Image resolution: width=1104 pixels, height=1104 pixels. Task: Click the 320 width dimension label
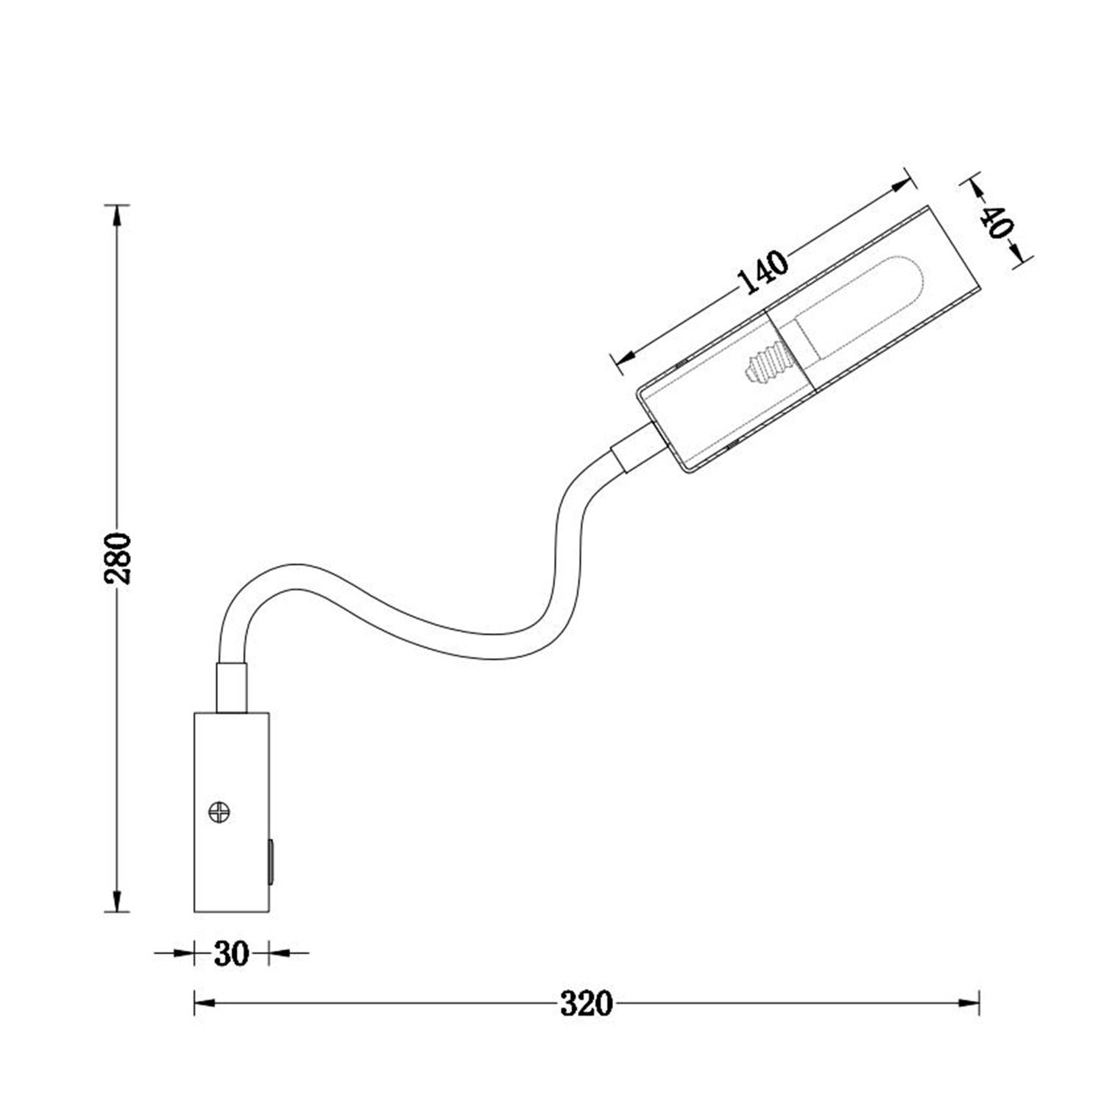[x=586, y=1003]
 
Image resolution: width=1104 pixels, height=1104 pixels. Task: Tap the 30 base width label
[x=231, y=954]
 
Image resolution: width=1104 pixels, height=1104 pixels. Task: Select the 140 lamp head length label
[x=762, y=272]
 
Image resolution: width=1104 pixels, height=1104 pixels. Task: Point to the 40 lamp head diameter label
[x=994, y=222]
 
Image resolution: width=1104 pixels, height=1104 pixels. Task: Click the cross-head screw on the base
[x=219, y=813]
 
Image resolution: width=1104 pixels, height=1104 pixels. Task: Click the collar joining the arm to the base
[x=231, y=688]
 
